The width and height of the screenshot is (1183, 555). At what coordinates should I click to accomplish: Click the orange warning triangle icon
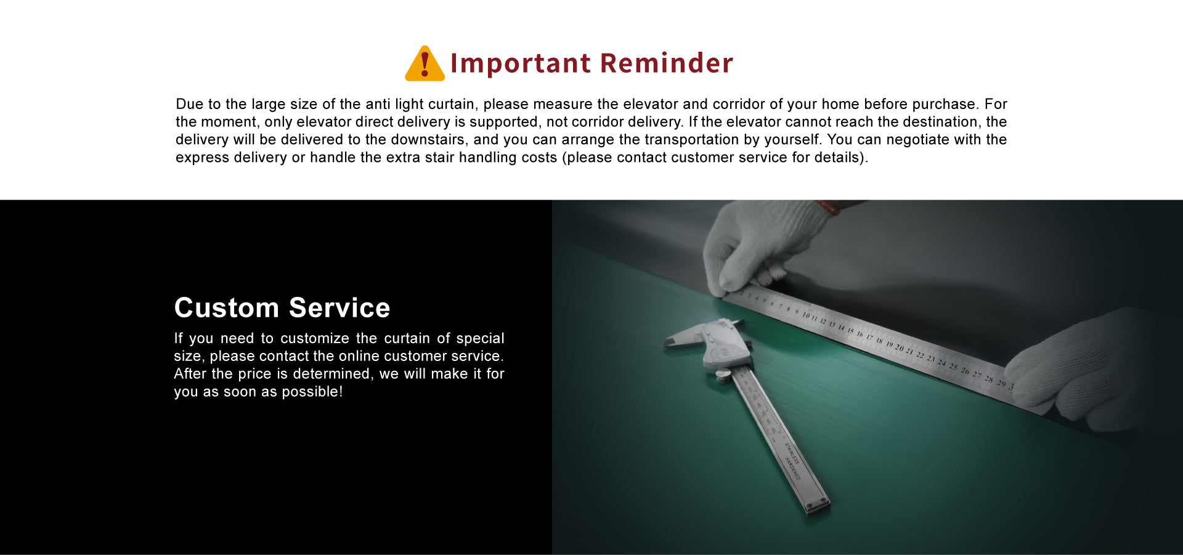[x=425, y=64]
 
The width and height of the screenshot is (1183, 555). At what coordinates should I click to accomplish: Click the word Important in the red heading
[x=521, y=63]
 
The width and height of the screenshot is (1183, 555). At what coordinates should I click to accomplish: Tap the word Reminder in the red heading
[x=667, y=63]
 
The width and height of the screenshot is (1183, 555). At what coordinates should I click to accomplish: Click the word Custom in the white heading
[x=227, y=307]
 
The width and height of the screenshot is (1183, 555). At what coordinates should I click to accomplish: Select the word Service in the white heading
[x=339, y=307]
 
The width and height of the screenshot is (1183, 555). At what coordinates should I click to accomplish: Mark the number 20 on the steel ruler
[x=899, y=348]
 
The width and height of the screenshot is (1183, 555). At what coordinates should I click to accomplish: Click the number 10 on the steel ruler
[x=806, y=315]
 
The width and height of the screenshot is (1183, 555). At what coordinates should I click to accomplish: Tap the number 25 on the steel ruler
[x=953, y=367]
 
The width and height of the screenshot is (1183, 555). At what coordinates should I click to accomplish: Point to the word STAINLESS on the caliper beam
[x=792, y=453]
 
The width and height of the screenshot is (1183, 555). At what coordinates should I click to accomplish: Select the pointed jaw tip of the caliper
[x=667, y=342]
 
